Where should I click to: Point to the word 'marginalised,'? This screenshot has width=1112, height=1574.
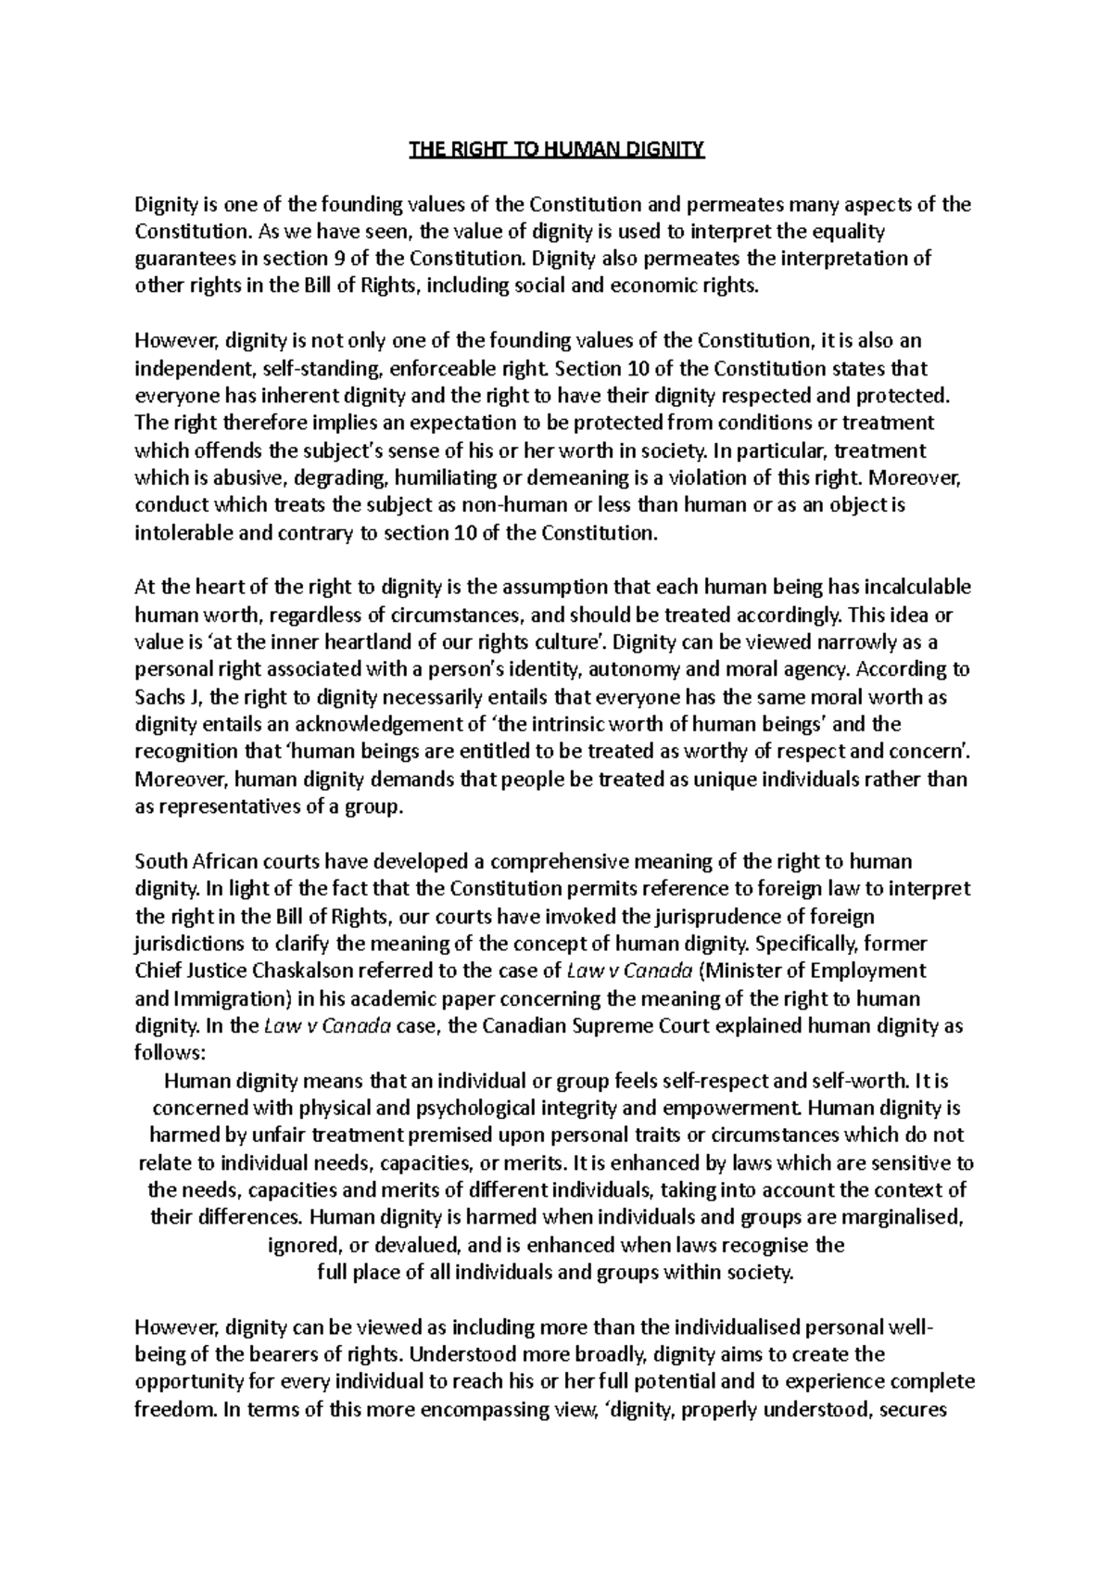point(897,1217)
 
